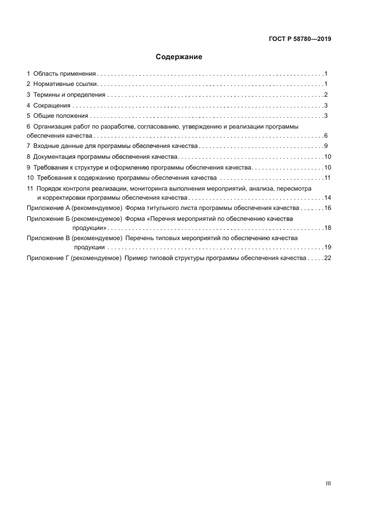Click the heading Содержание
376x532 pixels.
click(179, 57)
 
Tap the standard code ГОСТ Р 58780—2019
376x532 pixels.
click(299, 39)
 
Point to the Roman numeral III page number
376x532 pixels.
click(328, 483)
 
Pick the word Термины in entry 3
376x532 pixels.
click(47, 95)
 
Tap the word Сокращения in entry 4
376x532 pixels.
click(52, 105)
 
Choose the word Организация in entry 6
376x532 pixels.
click(53, 126)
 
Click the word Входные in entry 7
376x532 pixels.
click(46, 146)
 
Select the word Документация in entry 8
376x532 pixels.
click(56, 156)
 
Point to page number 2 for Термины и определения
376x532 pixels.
click(326, 95)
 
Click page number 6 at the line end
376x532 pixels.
click(326, 136)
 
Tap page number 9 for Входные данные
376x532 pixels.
click(326, 146)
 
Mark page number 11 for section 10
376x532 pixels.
click(327, 178)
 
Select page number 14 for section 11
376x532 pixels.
click(327, 197)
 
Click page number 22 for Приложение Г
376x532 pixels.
click(327, 258)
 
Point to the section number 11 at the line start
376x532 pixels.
click(30, 188)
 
